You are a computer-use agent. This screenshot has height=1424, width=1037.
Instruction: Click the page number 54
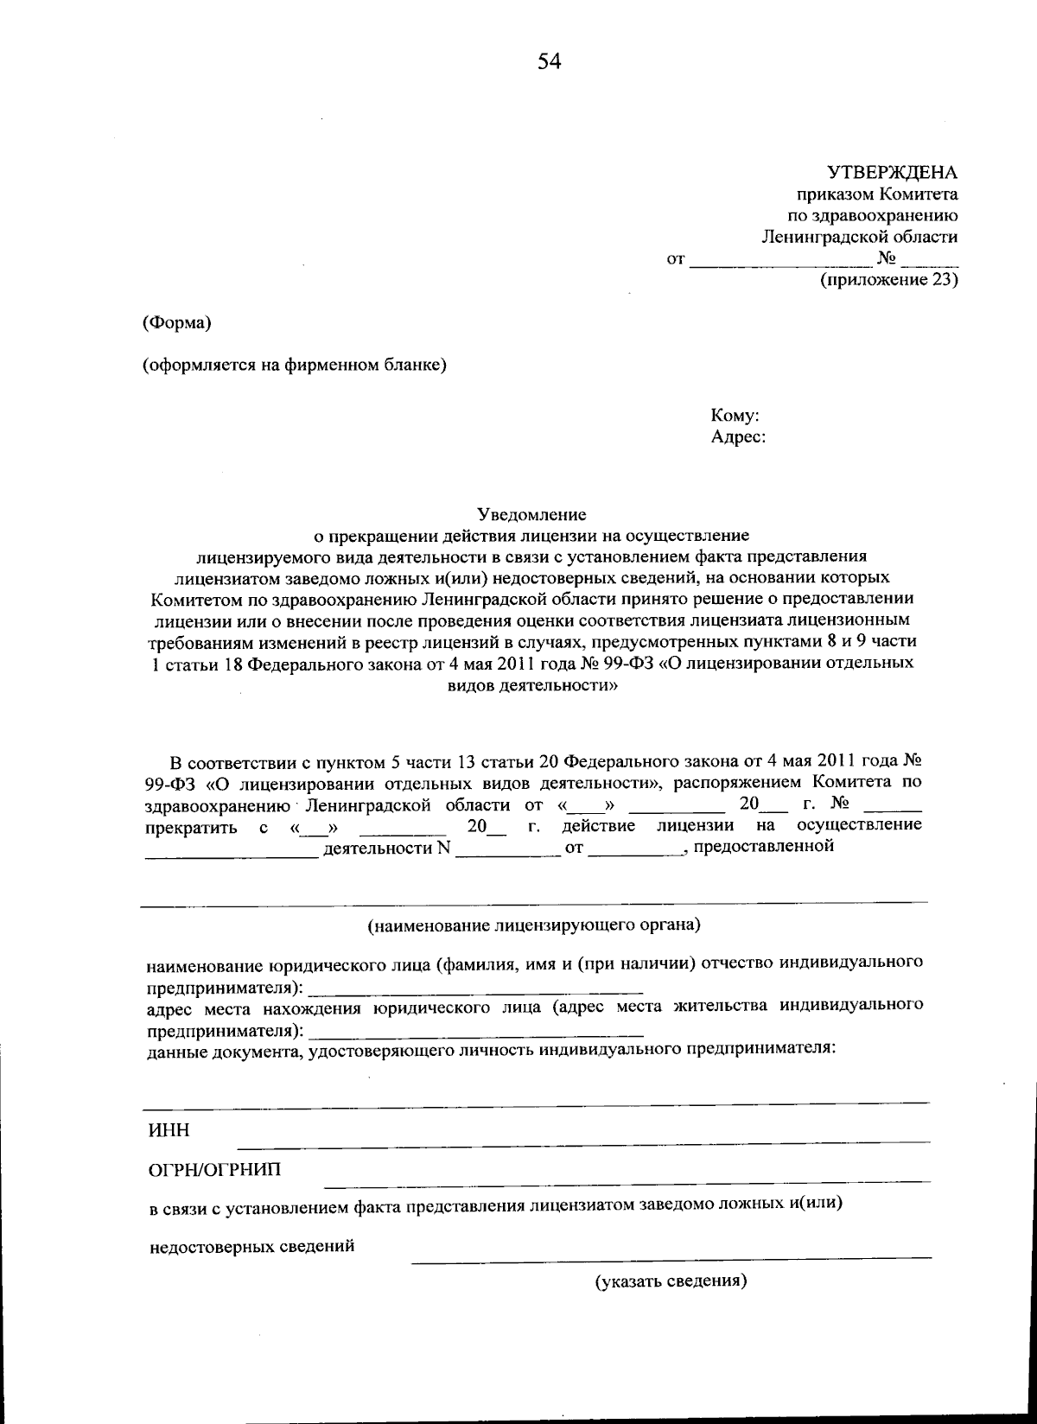pos(550,60)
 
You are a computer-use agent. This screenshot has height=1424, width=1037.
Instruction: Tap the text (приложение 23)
pos(888,280)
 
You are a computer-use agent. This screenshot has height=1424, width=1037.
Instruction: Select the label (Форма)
pos(177,323)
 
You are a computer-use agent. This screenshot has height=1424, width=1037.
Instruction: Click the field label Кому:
pos(735,416)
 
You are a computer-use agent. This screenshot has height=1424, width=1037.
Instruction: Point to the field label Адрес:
pos(738,437)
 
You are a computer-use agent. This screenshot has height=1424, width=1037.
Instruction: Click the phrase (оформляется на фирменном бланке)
pos(295,365)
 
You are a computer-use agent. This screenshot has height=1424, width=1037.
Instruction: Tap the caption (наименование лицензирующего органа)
pos(534,925)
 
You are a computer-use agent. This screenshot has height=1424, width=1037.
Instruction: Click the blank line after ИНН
pos(584,1141)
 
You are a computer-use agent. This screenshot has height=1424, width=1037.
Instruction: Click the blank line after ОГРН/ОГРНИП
pos(627,1179)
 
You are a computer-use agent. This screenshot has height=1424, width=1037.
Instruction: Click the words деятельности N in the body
pos(387,848)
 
